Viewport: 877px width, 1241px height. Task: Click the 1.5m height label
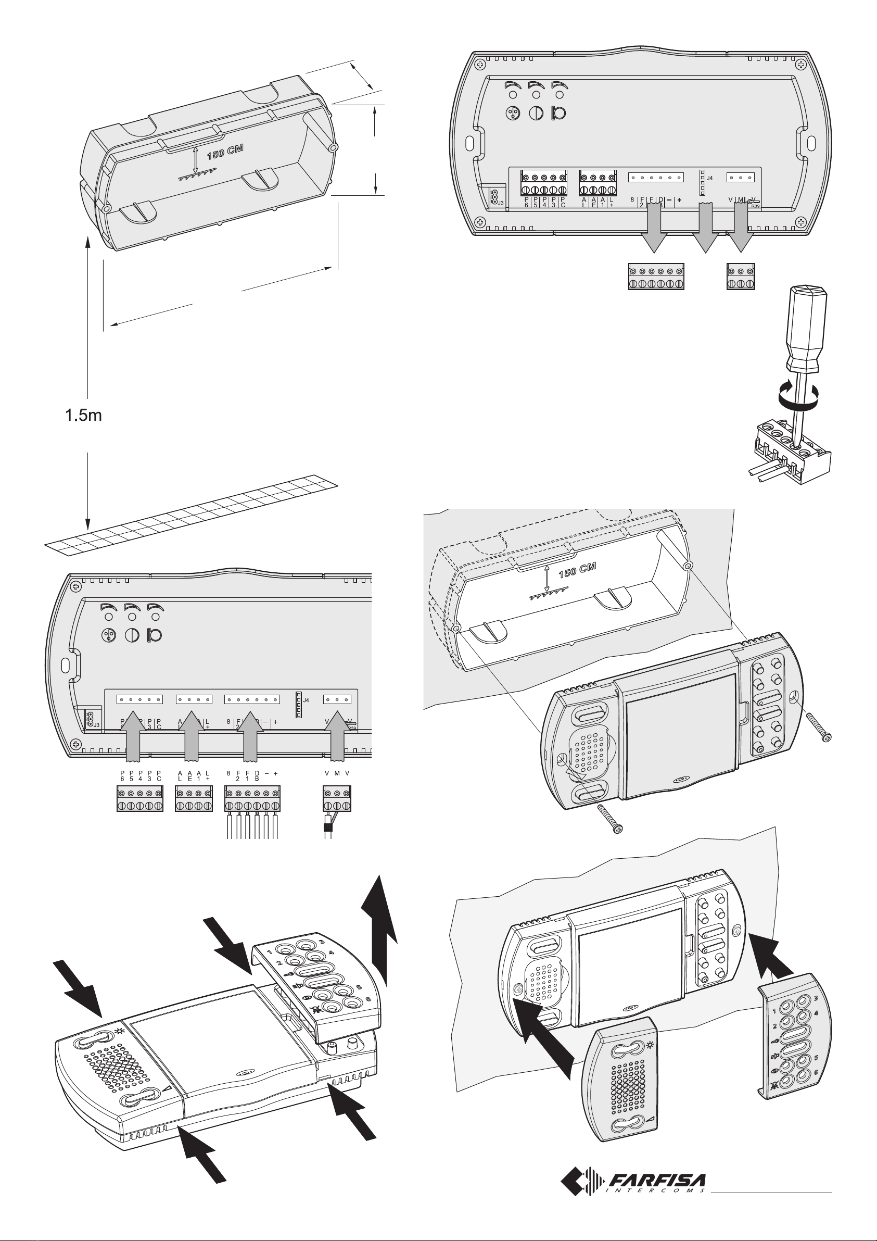click(x=83, y=416)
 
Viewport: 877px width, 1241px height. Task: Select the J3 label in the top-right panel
click(x=501, y=203)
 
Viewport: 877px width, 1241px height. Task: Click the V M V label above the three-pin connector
click(x=337, y=773)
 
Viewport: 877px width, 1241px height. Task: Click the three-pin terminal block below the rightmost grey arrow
click(x=741, y=277)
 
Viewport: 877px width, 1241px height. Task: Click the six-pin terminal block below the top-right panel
click(x=656, y=277)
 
